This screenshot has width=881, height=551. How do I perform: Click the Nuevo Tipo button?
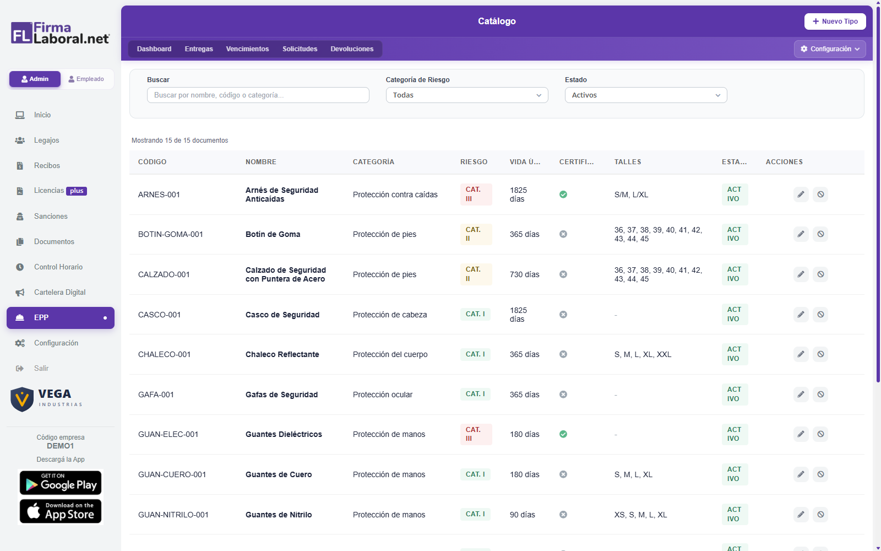pos(835,21)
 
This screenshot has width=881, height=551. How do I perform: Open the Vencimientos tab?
pos(247,49)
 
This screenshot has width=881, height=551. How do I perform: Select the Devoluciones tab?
pos(352,49)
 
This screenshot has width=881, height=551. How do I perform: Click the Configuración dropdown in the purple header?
pos(829,49)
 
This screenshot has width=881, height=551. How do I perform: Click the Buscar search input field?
pos(258,95)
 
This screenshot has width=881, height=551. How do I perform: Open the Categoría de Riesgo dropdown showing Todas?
pos(467,95)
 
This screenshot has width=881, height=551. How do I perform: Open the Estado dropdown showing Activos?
pos(646,95)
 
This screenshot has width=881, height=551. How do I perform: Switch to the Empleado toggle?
pos(86,79)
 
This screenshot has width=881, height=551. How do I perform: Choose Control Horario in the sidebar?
pos(58,267)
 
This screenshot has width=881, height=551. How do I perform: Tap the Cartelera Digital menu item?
pos(60,292)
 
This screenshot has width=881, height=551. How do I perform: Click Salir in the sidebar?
pos(41,369)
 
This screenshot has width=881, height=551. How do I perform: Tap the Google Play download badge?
pos(61,483)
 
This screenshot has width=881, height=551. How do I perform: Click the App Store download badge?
pos(61,511)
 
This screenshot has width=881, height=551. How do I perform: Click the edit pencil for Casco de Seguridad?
pos(801,315)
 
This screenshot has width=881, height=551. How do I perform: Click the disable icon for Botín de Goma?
pos(820,234)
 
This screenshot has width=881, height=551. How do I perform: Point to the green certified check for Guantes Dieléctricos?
pos(563,434)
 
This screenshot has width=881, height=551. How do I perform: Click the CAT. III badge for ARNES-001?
pos(476,195)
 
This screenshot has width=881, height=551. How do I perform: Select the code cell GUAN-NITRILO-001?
pos(173,515)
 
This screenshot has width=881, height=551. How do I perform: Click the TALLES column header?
pos(628,162)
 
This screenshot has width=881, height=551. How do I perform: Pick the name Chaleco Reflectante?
pos(282,354)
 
